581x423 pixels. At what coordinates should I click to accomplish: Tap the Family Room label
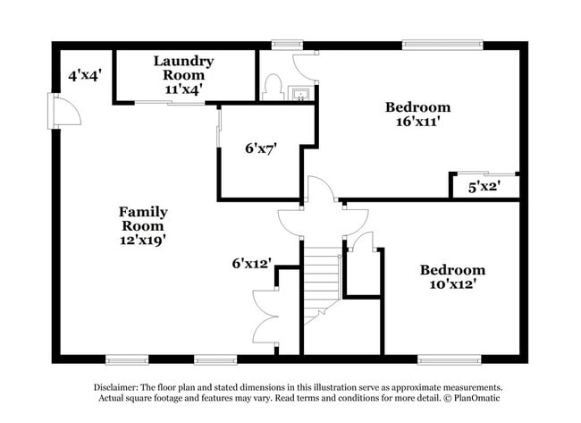143,219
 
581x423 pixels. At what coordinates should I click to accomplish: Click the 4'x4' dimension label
85,76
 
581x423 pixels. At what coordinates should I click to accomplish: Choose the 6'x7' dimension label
260,149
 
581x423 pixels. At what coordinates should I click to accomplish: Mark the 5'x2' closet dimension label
484,188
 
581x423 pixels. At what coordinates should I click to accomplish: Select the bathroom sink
301,92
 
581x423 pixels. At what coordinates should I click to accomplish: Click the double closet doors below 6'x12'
265,317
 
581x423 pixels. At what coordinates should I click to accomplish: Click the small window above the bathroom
285,44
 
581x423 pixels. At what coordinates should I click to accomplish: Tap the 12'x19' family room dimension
143,239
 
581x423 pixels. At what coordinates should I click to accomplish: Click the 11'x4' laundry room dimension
183,89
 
